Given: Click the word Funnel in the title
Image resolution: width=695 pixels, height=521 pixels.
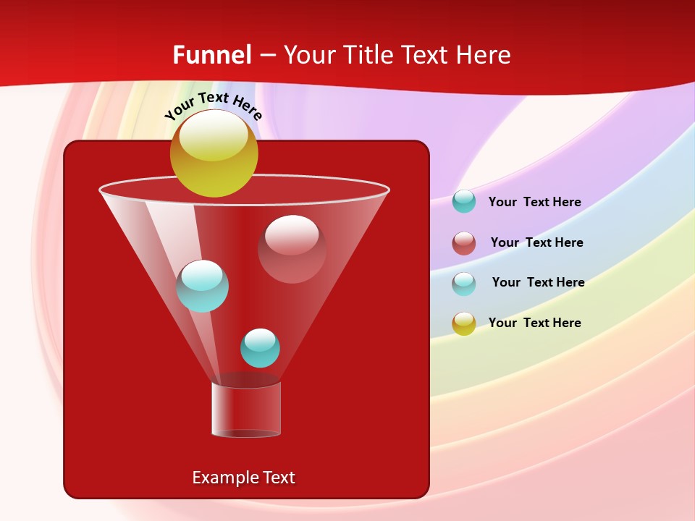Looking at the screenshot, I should tap(212, 55).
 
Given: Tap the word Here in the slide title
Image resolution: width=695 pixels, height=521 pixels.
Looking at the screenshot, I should tap(483, 55).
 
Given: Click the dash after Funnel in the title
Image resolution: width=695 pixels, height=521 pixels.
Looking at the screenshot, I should tap(267, 55).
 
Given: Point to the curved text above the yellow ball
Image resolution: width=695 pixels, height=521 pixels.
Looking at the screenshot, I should tap(214, 106).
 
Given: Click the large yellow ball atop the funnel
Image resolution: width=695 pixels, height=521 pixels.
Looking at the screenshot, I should tap(214, 153).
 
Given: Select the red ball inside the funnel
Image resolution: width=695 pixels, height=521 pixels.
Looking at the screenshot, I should tap(292, 248).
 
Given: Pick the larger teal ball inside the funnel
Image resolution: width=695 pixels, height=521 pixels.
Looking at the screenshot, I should tap(203, 286).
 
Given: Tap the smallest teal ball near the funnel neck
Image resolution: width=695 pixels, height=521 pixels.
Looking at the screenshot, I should tap(260, 348).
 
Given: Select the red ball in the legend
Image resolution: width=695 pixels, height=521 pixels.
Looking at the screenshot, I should tap(464, 243).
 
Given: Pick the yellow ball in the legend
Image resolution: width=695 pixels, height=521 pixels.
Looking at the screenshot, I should tap(464, 323).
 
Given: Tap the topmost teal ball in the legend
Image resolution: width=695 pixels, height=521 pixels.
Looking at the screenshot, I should tap(464, 201).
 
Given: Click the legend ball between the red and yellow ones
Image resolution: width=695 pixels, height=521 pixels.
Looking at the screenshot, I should tap(464, 284).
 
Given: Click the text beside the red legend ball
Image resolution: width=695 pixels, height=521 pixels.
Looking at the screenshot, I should tap(536, 242).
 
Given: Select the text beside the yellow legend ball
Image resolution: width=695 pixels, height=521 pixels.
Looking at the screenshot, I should tap(534, 323).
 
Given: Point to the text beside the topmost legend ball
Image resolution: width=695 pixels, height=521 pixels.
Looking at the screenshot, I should tap(534, 202).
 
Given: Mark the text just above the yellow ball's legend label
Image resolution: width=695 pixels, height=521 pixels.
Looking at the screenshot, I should tap(538, 282).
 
